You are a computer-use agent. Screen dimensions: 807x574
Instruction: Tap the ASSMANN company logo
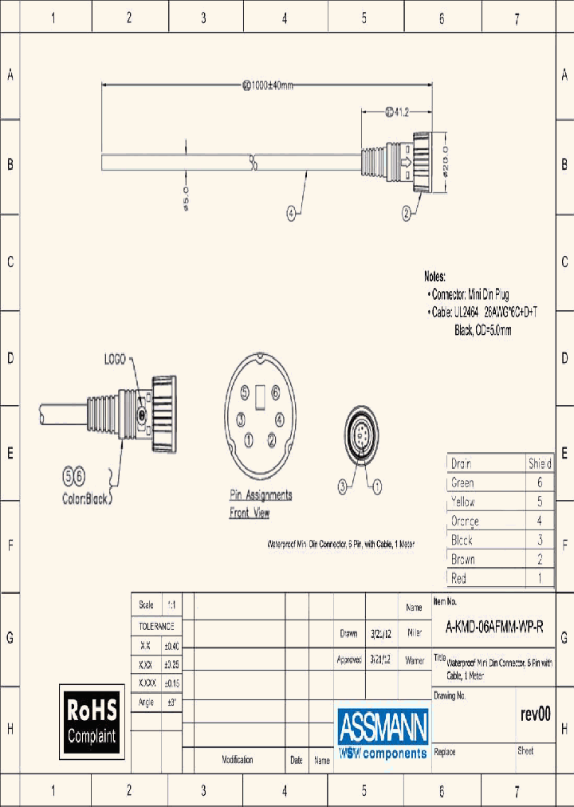click(383, 733)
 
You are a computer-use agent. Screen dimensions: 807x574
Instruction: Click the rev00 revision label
click(535, 714)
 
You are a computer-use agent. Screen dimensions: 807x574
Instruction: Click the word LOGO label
click(116, 360)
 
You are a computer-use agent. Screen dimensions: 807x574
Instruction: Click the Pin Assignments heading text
click(261, 495)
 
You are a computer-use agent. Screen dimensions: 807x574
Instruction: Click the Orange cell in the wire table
click(465, 522)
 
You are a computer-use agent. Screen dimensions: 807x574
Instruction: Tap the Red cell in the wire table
click(458, 579)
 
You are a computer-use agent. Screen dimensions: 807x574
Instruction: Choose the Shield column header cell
click(539, 463)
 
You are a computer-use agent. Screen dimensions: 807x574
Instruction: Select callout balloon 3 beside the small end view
click(342, 484)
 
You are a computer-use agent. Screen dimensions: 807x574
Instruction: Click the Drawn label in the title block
click(348, 634)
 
